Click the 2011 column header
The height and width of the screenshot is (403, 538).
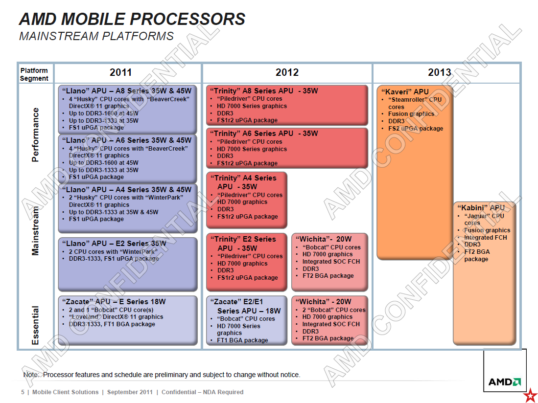click(x=121, y=72)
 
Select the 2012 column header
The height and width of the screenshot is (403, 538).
click(x=287, y=72)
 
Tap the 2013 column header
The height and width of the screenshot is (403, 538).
click(x=440, y=72)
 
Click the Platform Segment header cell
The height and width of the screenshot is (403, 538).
click(x=34, y=74)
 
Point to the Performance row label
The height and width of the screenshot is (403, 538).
click(x=35, y=134)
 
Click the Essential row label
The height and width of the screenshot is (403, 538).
click(x=35, y=325)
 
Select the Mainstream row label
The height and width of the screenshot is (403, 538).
click(x=35, y=231)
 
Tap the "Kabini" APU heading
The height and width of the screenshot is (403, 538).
click(x=481, y=208)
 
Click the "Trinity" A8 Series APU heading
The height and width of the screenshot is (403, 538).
click(x=264, y=91)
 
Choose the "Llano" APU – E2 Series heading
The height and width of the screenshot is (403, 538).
click(x=114, y=243)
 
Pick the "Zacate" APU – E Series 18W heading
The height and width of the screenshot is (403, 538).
click(x=114, y=302)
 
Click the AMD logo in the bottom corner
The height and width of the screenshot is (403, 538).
click(x=505, y=382)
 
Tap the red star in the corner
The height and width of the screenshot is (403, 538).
click(x=532, y=396)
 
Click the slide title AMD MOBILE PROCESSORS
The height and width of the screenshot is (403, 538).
click(x=132, y=19)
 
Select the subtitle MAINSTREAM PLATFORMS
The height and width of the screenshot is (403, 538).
click(x=96, y=36)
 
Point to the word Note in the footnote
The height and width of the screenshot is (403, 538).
click(x=31, y=375)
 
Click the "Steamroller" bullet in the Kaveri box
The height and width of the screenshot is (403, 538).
click(x=415, y=103)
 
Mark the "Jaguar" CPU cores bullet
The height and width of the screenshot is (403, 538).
click(x=484, y=219)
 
